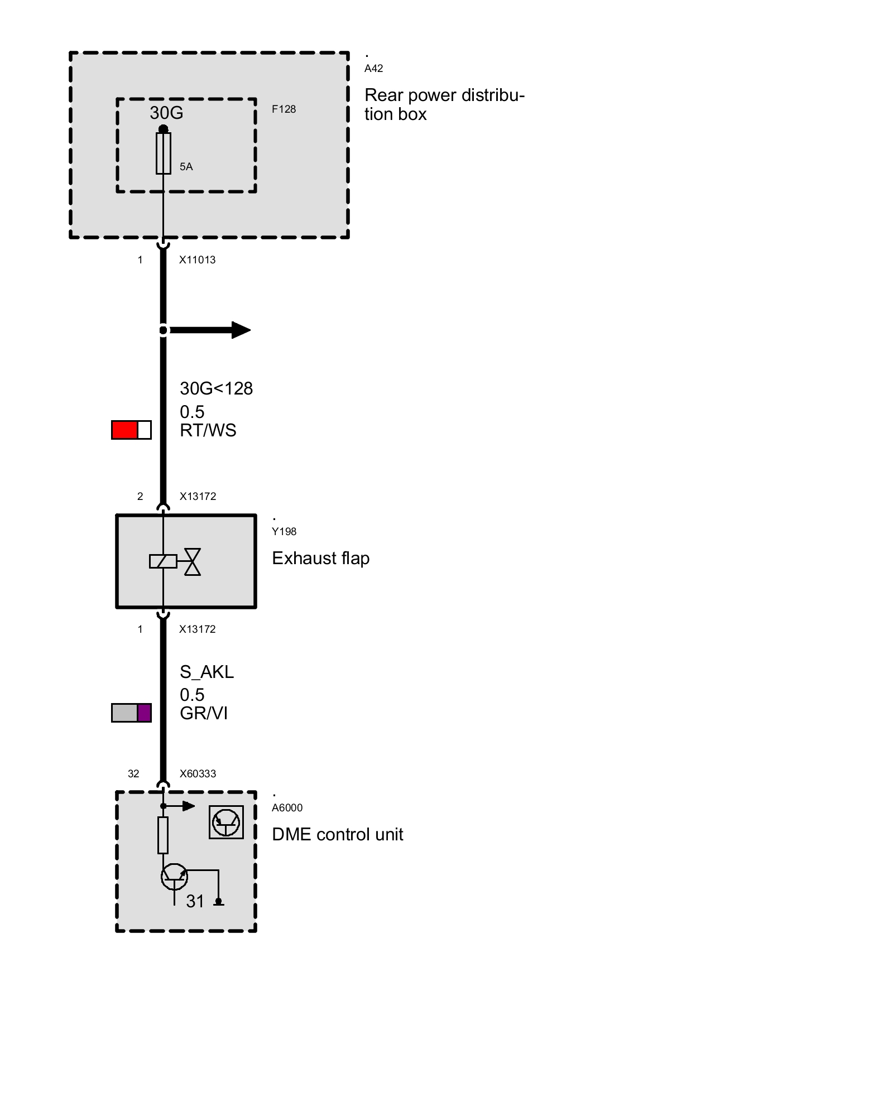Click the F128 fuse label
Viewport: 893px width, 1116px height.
click(284, 109)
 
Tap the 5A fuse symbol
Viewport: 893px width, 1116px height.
click(164, 153)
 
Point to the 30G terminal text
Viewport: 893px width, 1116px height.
click(166, 113)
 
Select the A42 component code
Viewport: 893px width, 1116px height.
click(373, 69)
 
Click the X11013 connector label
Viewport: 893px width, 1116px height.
click(197, 260)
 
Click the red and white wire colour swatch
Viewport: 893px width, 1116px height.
click(131, 430)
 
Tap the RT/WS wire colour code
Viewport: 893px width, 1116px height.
click(208, 431)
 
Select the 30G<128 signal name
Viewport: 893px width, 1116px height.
click(216, 388)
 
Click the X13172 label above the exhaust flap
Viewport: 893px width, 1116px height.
click(198, 497)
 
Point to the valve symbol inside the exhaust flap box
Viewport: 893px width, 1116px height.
click(192, 561)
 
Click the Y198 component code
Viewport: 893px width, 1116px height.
click(284, 532)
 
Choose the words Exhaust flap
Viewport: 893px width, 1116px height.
click(320, 559)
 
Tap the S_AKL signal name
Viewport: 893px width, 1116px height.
click(207, 672)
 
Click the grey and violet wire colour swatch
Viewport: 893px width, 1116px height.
click(131, 713)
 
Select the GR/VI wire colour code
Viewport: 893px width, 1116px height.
click(204, 714)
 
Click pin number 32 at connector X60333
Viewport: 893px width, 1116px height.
click(133, 774)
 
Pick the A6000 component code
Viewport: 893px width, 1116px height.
click(287, 808)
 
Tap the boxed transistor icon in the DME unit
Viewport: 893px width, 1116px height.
click(226, 822)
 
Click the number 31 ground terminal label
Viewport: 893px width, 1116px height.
click(195, 901)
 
